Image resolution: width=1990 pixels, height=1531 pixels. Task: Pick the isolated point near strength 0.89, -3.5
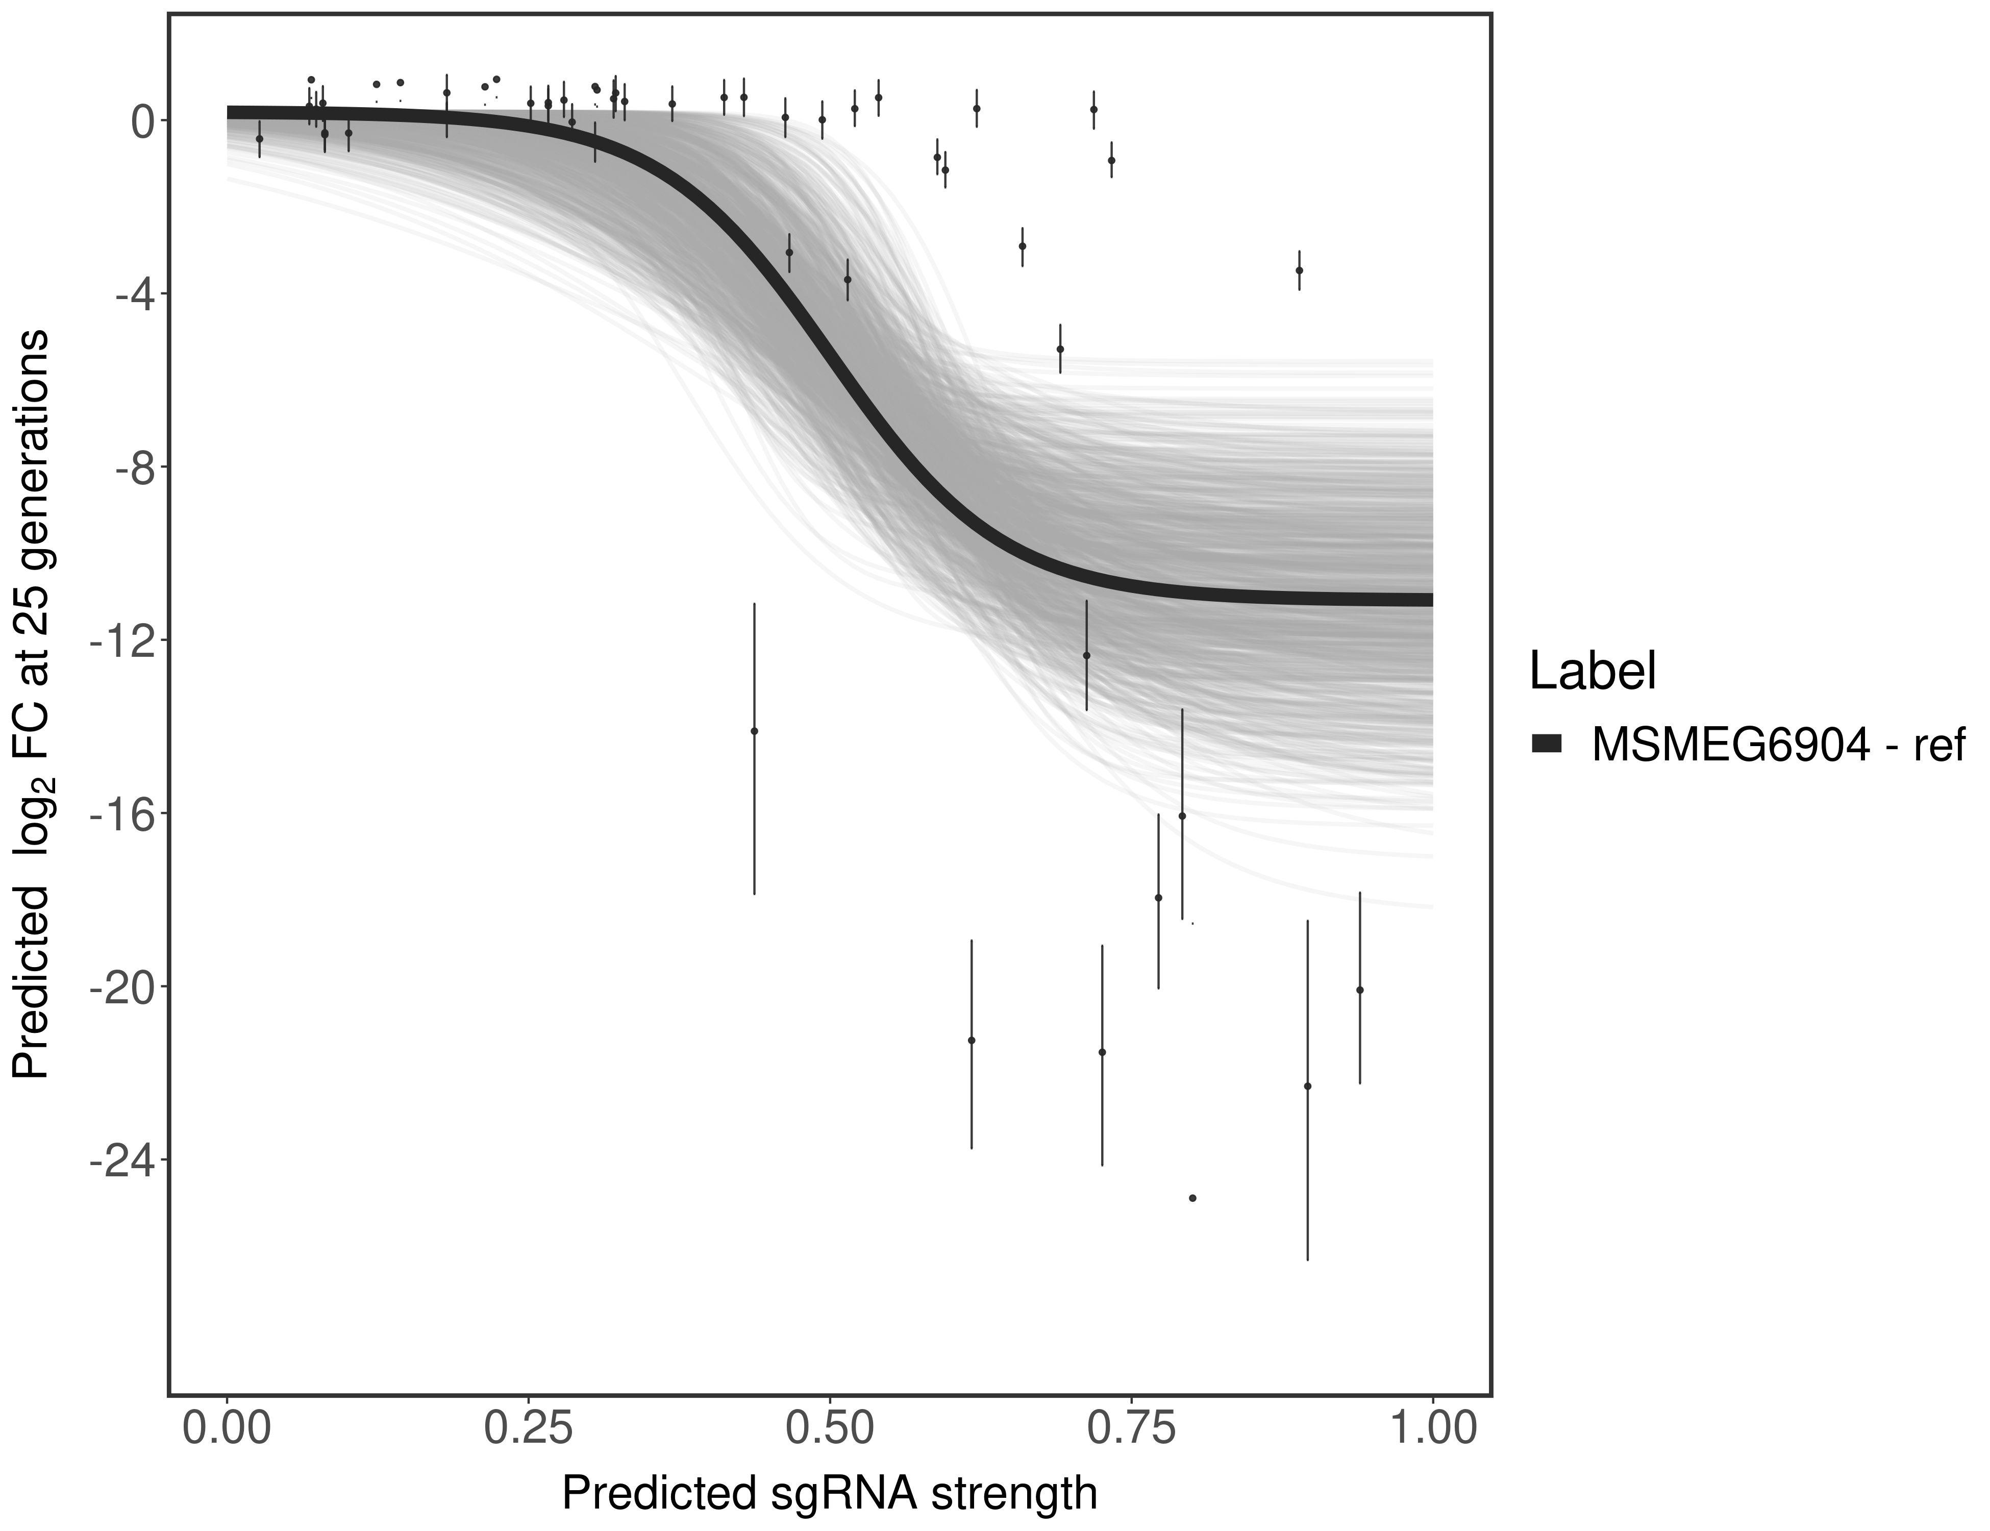1299,270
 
